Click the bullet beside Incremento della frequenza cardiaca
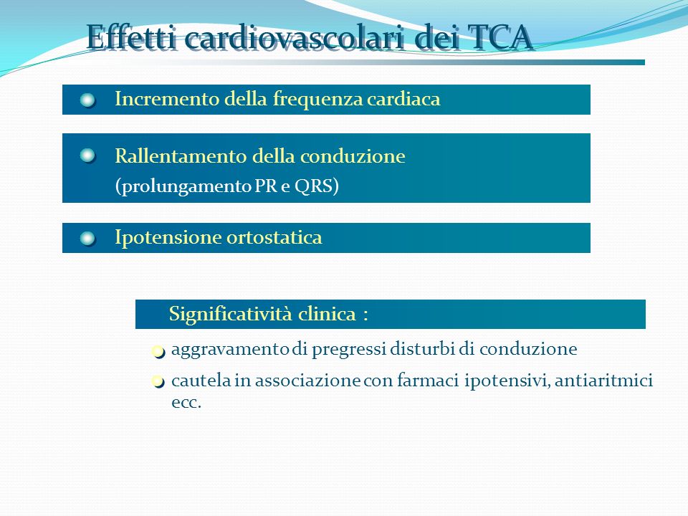(x=87, y=100)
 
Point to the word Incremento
(x=167, y=99)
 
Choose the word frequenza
(x=317, y=100)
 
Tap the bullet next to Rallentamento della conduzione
(x=87, y=156)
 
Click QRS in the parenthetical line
(x=313, y=186)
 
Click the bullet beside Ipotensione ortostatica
(x=87, y=239)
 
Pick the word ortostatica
(x=274, y=237)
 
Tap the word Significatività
(x=231, y=314)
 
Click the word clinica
(x=327, y=314)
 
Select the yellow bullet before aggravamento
(x=158, y=351)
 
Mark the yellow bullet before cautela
(x=158, y=382)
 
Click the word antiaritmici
(x=603, y=380)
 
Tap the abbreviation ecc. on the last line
(x=186, y=403)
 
